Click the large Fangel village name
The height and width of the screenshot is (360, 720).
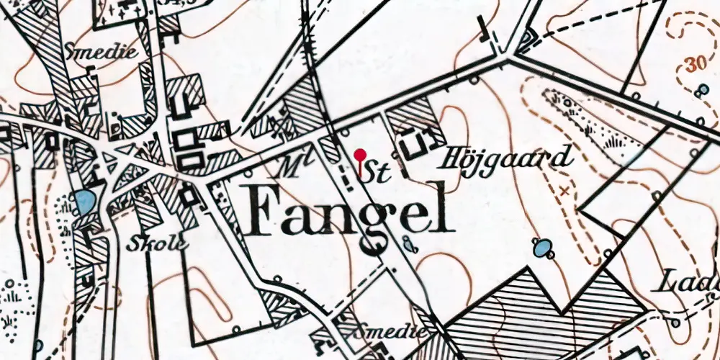(x=351, y=211)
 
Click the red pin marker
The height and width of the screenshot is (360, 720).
(x=360, y=155)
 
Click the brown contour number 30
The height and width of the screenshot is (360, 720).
(x=696, y=64)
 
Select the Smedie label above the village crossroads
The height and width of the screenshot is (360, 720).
(x=91, y=52)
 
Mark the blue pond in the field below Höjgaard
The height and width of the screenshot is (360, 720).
(x=541, y=249)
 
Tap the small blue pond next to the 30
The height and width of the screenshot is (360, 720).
(x=703, y=89)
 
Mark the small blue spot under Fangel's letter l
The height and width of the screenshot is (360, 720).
(x=408, y=243)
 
